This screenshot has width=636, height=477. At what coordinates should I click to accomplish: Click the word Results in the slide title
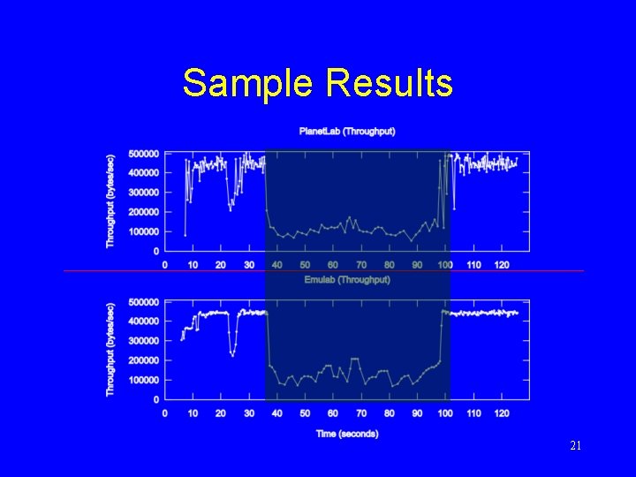point(390,84)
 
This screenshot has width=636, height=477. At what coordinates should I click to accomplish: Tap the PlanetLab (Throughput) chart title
point(346,132)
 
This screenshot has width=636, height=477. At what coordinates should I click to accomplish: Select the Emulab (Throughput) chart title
point(346,280)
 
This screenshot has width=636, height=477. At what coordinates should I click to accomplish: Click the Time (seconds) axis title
point(346,434)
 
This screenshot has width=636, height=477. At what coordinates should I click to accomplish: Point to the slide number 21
point(575,446)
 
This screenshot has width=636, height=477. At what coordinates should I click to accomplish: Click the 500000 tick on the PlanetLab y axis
point(144,153)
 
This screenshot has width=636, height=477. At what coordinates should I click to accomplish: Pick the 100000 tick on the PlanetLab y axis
point(144,231)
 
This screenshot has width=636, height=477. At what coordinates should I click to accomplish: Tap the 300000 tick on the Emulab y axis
point(144,341)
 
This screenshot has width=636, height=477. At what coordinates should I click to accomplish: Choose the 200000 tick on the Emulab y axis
point(144,360)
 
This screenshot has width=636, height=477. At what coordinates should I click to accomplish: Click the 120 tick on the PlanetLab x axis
point(501,265)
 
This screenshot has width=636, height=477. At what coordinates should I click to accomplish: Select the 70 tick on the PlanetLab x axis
point(361,265)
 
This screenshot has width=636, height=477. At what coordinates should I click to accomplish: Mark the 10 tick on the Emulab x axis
point(193,413)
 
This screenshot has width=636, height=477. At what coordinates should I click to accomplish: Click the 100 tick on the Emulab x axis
point(445,413)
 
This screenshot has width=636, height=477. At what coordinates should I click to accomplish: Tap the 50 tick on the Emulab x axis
point(305,413)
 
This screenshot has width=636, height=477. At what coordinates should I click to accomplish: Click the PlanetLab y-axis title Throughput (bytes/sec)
point(110,201)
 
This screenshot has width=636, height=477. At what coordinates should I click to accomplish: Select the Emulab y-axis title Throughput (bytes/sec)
point(110,349)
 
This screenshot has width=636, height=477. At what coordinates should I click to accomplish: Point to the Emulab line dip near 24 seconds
point(232,354)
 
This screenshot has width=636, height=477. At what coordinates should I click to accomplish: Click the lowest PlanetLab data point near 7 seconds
point(185,235)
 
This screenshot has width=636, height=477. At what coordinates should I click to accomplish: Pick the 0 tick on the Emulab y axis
point(156,399)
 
